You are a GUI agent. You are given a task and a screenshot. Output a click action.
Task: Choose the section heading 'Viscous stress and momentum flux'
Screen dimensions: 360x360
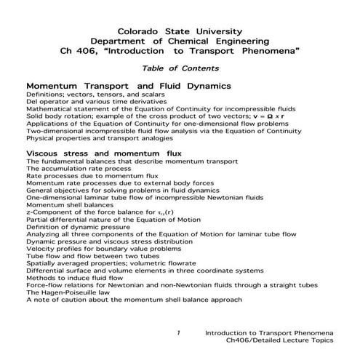point(103,154)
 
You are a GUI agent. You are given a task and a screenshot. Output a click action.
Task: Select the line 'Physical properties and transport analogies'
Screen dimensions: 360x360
point(101,137)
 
